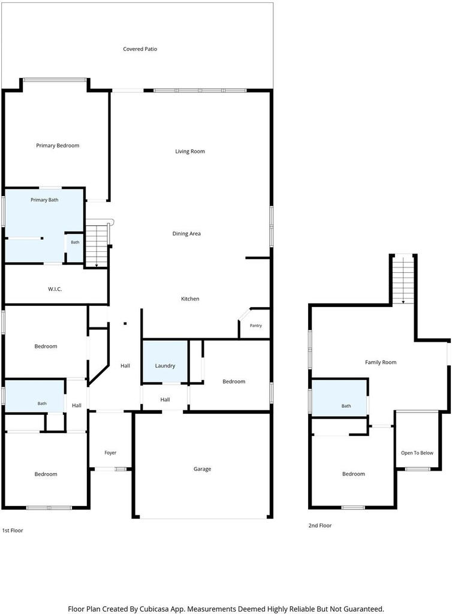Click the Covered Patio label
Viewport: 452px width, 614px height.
(x=140, y=49)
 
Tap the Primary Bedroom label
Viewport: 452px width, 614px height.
(x=58, y=146)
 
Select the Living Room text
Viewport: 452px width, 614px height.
(x=190, y=152)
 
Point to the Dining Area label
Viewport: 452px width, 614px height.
(x=186, y=234)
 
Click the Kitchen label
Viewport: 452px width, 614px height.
(x=190, y=299)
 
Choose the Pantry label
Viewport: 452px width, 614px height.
(x=256, y=326)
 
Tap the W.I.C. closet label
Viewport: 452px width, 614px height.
(x=55, y=289)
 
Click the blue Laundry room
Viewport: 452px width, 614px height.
(x=165, y=362)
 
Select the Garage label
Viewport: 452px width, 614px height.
(x=203, y=469)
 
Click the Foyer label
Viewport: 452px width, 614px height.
(x=110, y=453)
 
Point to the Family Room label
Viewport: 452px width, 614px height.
(x=381, y=362)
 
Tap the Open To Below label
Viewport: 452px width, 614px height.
(x=417, y=453)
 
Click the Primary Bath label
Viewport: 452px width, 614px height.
(x=44, y=200)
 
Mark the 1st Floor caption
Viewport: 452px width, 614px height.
(x=13, y=531)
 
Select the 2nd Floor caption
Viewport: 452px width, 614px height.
(x=320, y=525)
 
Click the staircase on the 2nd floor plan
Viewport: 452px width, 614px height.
(x=403, y=279)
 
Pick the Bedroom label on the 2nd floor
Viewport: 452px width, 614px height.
(x=353, y=474)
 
